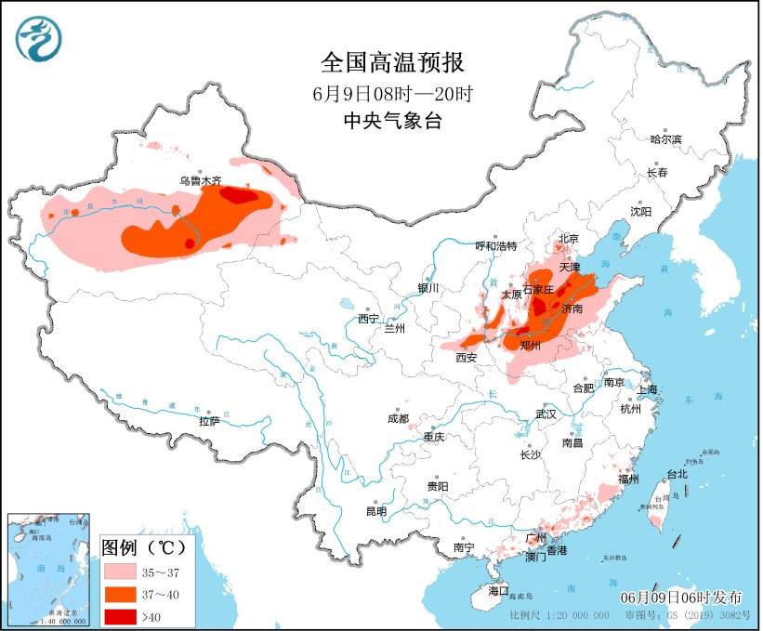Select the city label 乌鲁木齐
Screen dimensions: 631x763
point(201,181)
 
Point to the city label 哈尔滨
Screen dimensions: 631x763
point(665,139)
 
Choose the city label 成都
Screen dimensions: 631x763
point(398,418)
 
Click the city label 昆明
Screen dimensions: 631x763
point(375,511)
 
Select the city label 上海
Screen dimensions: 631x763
point(647,389)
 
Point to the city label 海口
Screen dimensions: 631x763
point(499,591)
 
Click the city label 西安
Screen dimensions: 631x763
point(467,357)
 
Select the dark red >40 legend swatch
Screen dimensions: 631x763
point(121,616)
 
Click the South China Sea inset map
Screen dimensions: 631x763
point(48,568)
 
